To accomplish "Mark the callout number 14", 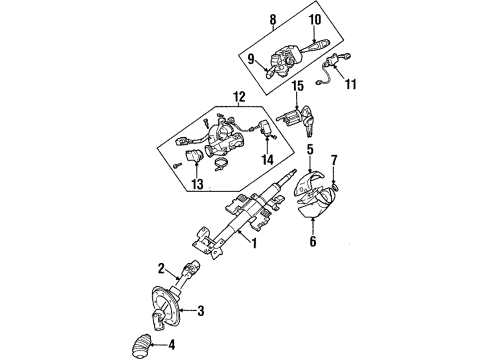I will pos(266,159).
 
